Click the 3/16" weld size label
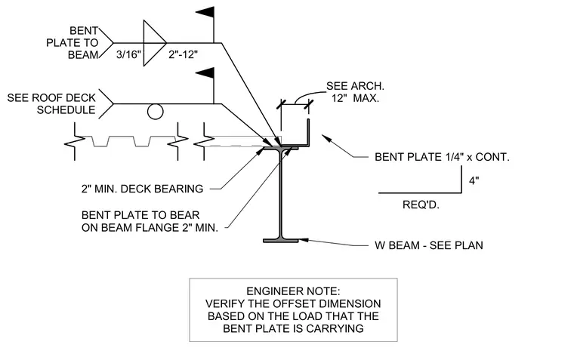128,54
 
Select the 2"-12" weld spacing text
183,54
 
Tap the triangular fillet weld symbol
155,43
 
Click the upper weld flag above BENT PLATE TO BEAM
205,13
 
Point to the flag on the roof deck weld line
205,73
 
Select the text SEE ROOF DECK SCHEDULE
51,104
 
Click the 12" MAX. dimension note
355,98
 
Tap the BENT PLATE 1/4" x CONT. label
442,157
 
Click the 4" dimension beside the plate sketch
474,180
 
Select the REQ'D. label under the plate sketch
421,205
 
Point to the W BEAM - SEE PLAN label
429,245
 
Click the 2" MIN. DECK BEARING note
142,189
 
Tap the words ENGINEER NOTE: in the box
293,291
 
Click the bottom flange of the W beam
281,240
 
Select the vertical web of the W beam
281,194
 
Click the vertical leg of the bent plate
308,132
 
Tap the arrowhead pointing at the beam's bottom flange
304,240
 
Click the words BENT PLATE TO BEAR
140,215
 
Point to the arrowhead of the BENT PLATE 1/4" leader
326,138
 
